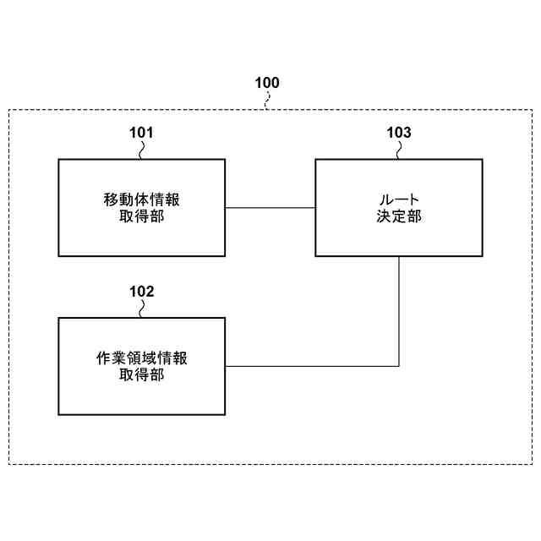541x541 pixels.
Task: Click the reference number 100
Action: point(267,83)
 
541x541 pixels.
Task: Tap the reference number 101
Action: point(141,133)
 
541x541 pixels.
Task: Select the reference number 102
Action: point(141,292)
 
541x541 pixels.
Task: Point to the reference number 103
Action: point(399,133)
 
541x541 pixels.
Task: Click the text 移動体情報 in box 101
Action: point(141,200)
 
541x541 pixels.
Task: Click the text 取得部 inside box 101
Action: point(141,216)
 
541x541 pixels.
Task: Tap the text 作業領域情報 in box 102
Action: point(141,358)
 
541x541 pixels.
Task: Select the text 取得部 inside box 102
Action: point(141,374)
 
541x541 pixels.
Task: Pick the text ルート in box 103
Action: point(399,200)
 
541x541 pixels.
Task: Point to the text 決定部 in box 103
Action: point(399,216)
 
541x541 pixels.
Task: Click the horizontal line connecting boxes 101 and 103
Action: point(270,208)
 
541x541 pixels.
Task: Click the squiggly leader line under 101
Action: point(142,150)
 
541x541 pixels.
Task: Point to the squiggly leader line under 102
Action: point(142,309)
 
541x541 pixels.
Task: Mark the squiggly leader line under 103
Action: point(400,150)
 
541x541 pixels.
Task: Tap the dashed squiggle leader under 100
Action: point(268,101)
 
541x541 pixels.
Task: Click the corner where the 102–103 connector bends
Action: point(399,366)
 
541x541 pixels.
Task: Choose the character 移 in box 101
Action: point(111,200)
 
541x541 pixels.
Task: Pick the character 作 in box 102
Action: point(103,358)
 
